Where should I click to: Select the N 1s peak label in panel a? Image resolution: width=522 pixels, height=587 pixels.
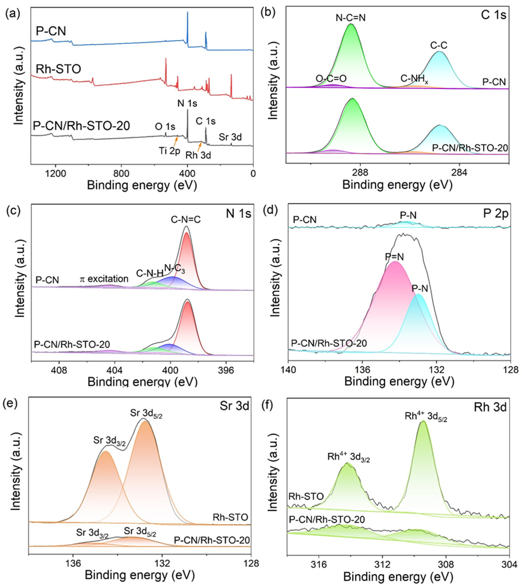click(x=187, y=103)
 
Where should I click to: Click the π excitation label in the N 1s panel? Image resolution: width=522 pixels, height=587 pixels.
click(x=104, y=279)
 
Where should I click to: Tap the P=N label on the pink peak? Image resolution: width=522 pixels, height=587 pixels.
click(x=394, y=257)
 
